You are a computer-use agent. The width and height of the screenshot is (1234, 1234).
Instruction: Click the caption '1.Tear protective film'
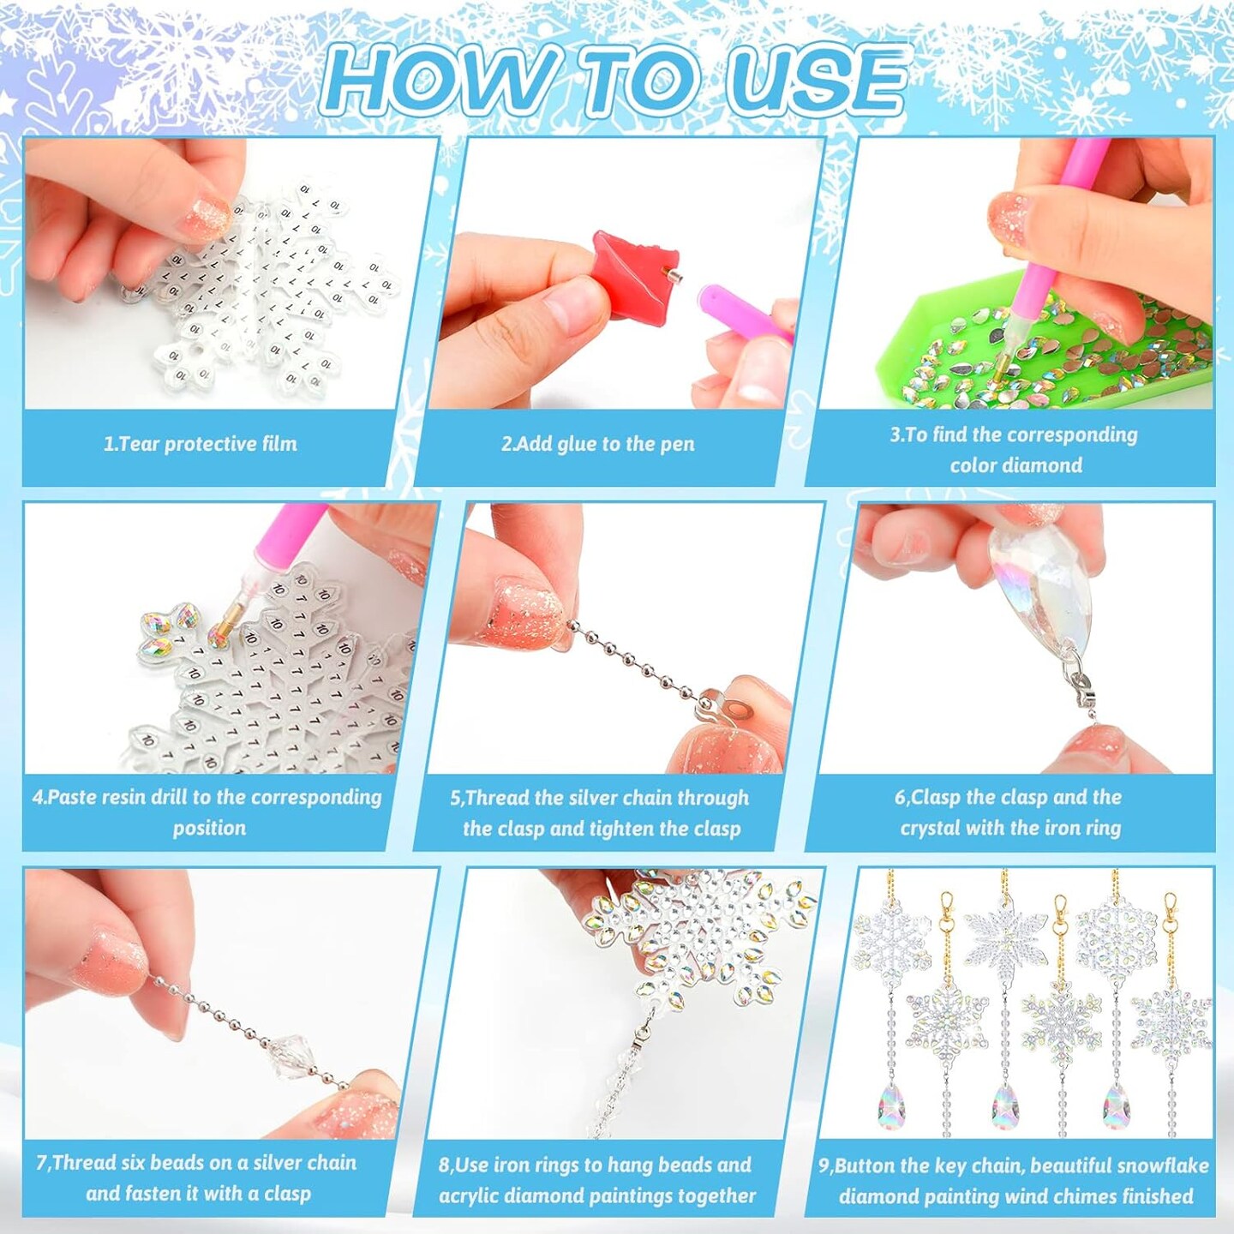point(201,444)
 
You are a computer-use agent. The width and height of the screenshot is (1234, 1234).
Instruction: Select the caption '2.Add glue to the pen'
point(597,444)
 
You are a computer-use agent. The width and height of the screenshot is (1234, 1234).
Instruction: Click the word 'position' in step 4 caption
point(209,828)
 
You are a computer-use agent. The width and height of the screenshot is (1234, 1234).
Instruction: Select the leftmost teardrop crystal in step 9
point(892,1109)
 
